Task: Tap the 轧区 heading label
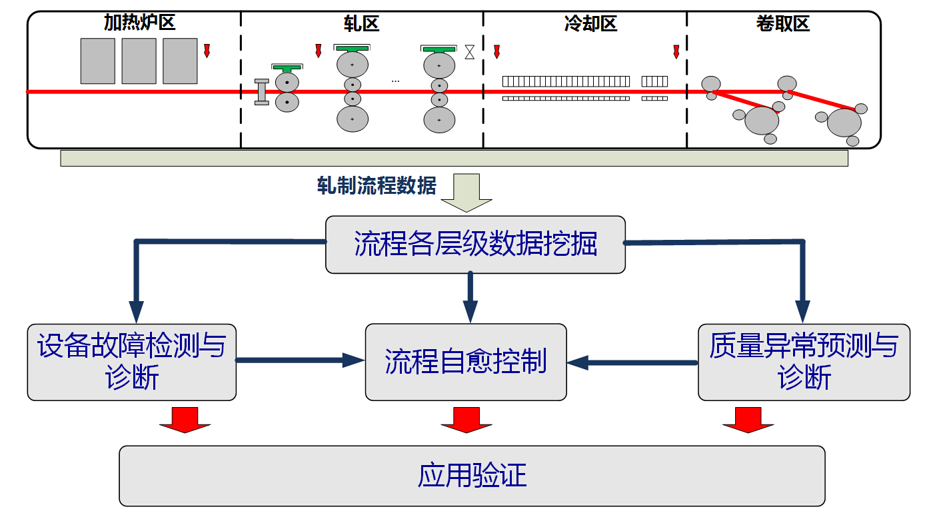point(363,25)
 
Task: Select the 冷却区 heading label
point(590,25)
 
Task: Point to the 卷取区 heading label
point(782,25)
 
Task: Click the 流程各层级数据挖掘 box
point(475,245)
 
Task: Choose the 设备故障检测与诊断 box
point(132,362)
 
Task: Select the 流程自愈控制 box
point(466,362)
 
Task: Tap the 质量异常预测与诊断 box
point(804,362)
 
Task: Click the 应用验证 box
point(472,476)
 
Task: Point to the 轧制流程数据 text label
point(377,186)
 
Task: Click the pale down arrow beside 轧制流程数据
point(466,193)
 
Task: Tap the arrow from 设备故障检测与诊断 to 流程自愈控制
point(300,360)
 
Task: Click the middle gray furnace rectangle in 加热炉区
point(139,61)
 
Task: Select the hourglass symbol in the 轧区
point(470,52)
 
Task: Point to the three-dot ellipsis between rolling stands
point(395,81)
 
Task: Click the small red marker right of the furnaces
point(207,51)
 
